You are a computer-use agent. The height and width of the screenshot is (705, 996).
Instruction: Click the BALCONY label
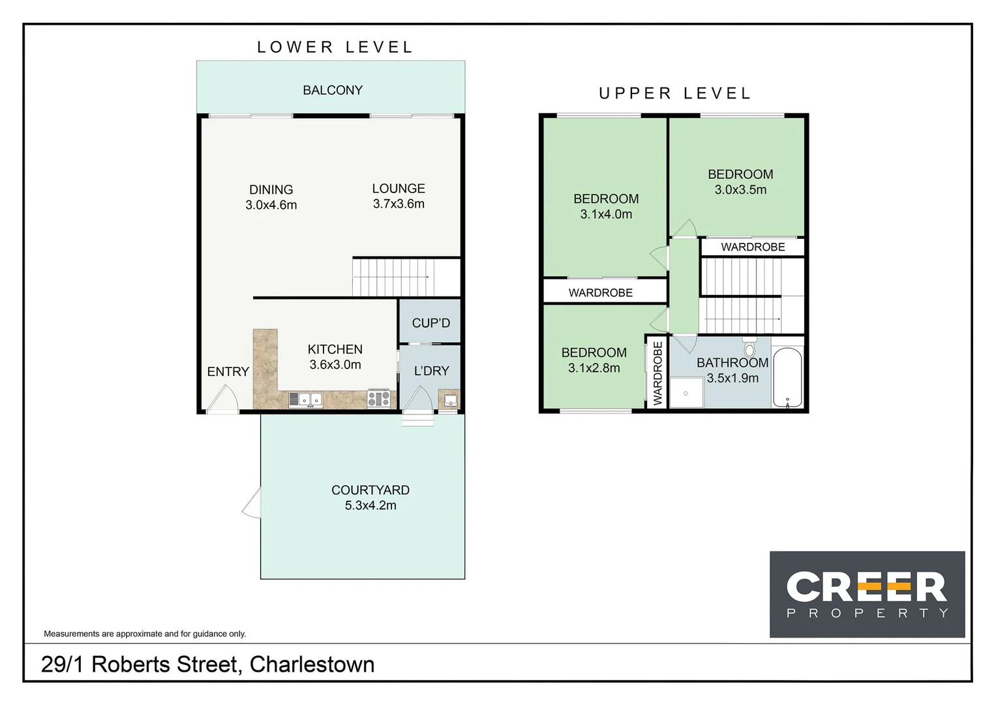pos(333,90)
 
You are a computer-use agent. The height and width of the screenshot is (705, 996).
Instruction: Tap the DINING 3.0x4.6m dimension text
pos(271,205)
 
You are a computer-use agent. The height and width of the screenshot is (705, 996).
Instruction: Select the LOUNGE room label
pos(399,189)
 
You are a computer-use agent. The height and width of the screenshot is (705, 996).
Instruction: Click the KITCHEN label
pos(335,349)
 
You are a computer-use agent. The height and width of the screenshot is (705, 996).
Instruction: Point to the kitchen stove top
pos(379,398)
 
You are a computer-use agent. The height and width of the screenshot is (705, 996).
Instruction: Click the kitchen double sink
pos(306,399)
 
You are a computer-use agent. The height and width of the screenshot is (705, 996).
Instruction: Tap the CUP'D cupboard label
pos(430,322)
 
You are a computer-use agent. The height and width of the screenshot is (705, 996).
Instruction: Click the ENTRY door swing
pos(223,399)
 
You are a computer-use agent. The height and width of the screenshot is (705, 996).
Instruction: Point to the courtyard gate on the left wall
pos(252,503)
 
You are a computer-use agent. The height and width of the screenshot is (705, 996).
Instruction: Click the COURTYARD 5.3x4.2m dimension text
pos(370,505)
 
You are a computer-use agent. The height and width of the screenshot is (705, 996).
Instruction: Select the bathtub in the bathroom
pos(787,378)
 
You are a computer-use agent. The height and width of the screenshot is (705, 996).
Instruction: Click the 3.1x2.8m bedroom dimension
pos(594,368)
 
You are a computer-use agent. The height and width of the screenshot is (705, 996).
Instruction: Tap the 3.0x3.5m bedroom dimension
pos(740,190)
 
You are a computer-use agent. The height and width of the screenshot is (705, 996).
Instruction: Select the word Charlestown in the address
pos(312,665)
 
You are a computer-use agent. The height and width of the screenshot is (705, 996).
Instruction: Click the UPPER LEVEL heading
pos(675,93)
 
